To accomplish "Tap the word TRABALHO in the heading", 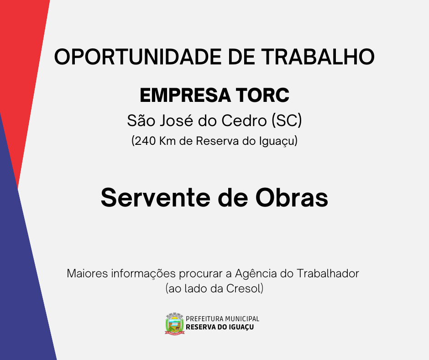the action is pyautogui.click(x=318, y=57).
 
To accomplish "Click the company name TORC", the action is pyautogui.click(x=263, y=95).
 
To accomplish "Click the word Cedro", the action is pyautogui.click(x=244, y=120).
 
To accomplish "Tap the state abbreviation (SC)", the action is pyautogui.click(x=287, y=121).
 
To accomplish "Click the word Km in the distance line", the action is pyautogui.click(x=167, y=141).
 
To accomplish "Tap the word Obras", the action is pyautogui.click(x=292, y=198).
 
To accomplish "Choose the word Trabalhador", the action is pyautogui.click(x=328, y=273).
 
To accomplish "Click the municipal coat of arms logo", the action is pyautogui.click(x=174, y=323).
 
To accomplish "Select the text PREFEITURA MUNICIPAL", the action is pyautogui.click(x=222, y=318).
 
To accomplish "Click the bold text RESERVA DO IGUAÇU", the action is pyautogui.click(x=220, y=327).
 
